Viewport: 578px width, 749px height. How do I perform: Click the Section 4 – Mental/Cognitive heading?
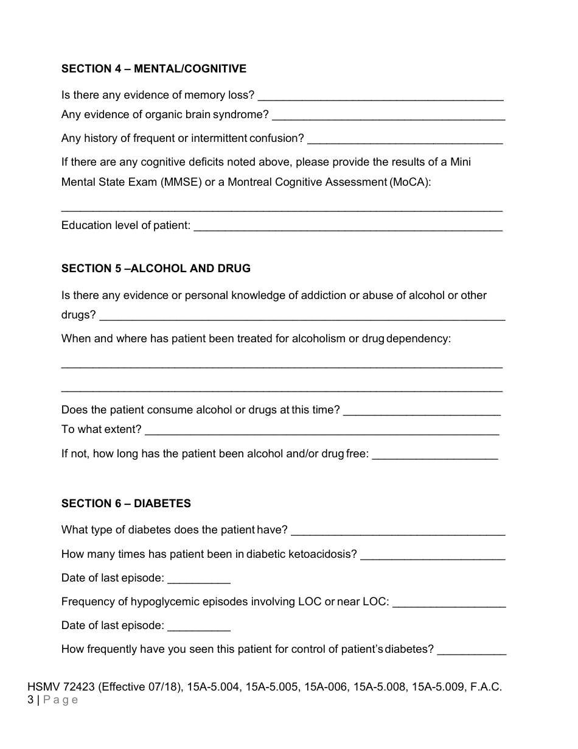(153, 69)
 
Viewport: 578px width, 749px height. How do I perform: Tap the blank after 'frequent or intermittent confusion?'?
(405, 139)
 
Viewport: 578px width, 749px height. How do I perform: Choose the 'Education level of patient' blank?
(348, 227)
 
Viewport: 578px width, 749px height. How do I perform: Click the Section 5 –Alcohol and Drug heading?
(156, 269)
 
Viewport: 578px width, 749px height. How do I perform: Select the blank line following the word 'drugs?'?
(302, 316)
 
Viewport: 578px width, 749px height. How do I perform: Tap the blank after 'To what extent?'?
(322, 431)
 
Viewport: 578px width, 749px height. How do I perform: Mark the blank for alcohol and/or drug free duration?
(434, 455)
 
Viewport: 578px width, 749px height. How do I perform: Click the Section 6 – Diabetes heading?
(126, 504)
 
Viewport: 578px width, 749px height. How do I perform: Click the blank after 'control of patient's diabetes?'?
(472, 650)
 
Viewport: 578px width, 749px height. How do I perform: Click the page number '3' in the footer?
(30, 700)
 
